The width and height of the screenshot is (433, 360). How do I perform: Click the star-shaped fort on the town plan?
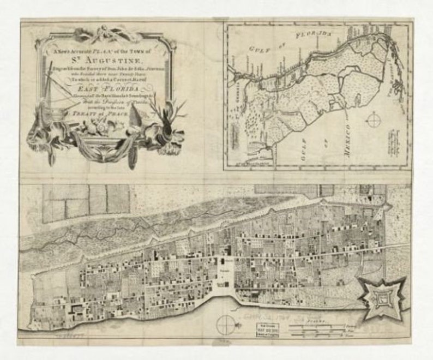tap(380, 297)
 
